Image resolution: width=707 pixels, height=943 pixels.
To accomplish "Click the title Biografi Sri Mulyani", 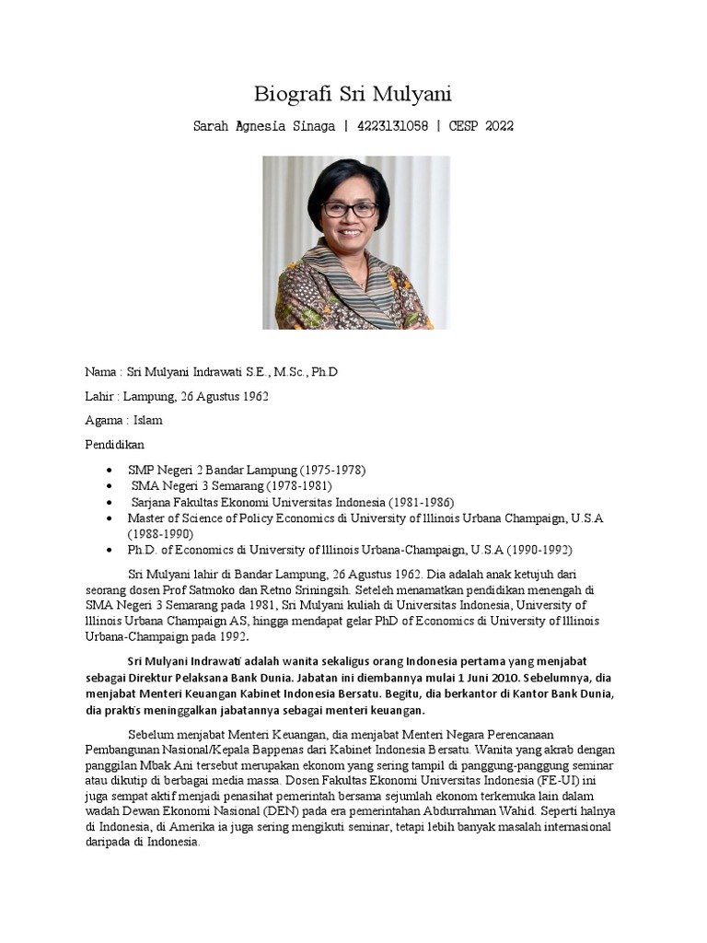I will pos(353,94).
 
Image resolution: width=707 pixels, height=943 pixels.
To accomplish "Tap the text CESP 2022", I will pos(481,126).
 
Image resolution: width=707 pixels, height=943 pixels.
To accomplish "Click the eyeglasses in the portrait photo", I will pos(350,209).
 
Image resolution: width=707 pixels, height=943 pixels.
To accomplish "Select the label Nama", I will pos(100,372).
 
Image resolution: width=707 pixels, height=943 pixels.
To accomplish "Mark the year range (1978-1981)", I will pos(299,485).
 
